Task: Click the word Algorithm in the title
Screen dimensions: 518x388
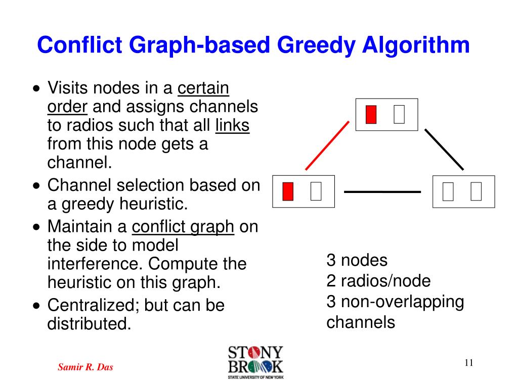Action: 416,45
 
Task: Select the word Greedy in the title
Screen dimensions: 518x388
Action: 316,45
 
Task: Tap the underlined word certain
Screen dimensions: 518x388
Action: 203,88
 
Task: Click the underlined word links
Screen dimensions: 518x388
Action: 232,125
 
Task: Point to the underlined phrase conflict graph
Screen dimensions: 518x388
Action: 183,228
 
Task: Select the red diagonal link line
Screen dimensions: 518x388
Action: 327,145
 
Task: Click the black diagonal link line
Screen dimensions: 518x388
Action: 444,150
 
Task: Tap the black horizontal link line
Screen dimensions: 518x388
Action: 382,191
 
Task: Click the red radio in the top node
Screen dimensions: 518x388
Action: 371,115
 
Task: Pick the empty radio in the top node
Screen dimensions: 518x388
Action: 399,115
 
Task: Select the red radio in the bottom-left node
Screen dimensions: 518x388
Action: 288,191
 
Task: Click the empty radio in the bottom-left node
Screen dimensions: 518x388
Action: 316,191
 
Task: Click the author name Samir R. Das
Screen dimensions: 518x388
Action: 85,367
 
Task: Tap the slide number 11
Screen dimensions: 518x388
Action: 469,363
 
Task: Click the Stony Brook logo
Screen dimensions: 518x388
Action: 255,362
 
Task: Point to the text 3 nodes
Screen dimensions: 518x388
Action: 357,260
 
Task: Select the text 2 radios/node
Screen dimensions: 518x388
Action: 378,281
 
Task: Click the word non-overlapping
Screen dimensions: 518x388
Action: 402,302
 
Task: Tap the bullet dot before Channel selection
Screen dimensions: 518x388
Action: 36,186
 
